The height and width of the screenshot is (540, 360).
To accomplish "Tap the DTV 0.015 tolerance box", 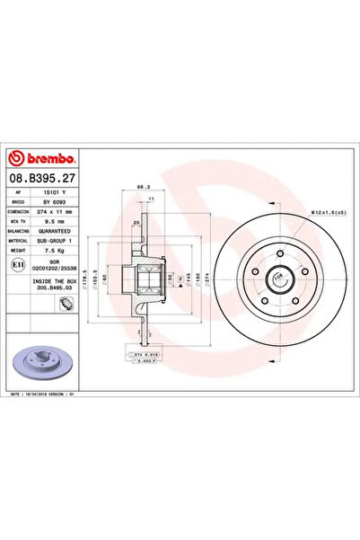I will (144, 357).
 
